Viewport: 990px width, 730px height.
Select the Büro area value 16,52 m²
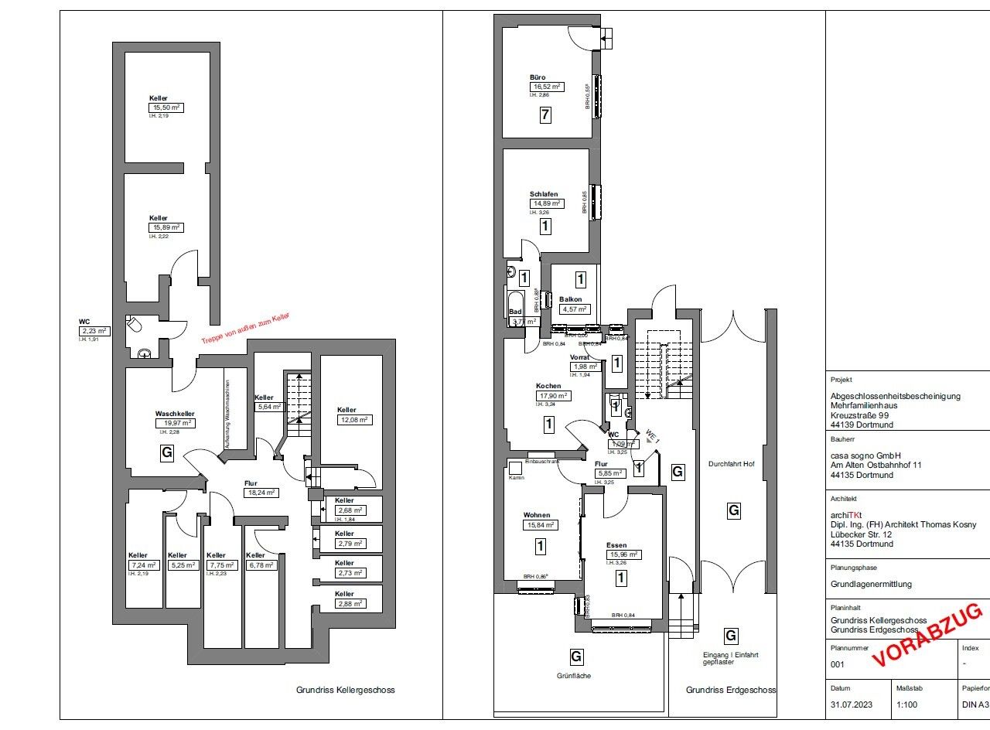(546, 87)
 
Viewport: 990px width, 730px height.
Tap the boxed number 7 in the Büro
(545, 116)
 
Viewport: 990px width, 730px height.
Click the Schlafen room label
(544, 194)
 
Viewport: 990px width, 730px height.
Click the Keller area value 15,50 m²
(166, 107)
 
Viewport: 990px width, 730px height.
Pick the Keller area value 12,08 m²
(353, 420)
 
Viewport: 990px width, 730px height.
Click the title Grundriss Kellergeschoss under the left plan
(345, 690)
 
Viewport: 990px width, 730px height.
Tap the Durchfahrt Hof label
(732, 465)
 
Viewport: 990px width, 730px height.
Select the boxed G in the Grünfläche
(576, 657)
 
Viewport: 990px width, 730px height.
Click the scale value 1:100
(907, 704)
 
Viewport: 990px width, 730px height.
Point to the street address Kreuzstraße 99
(859, 414)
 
